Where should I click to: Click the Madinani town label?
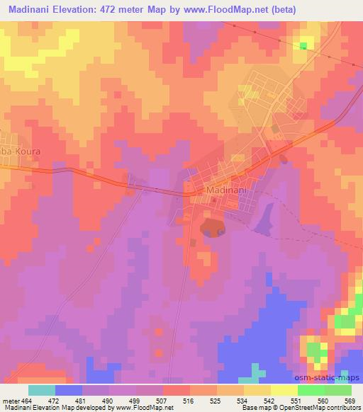[x=225, y=190]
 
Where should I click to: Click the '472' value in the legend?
[x=55, y=399]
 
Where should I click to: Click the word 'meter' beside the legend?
[x=11, y=399]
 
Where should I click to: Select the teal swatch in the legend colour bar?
[x=42, y=390]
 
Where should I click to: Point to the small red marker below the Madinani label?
[x=213, y=200]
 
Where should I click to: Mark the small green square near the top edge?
[x=303, y=46]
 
